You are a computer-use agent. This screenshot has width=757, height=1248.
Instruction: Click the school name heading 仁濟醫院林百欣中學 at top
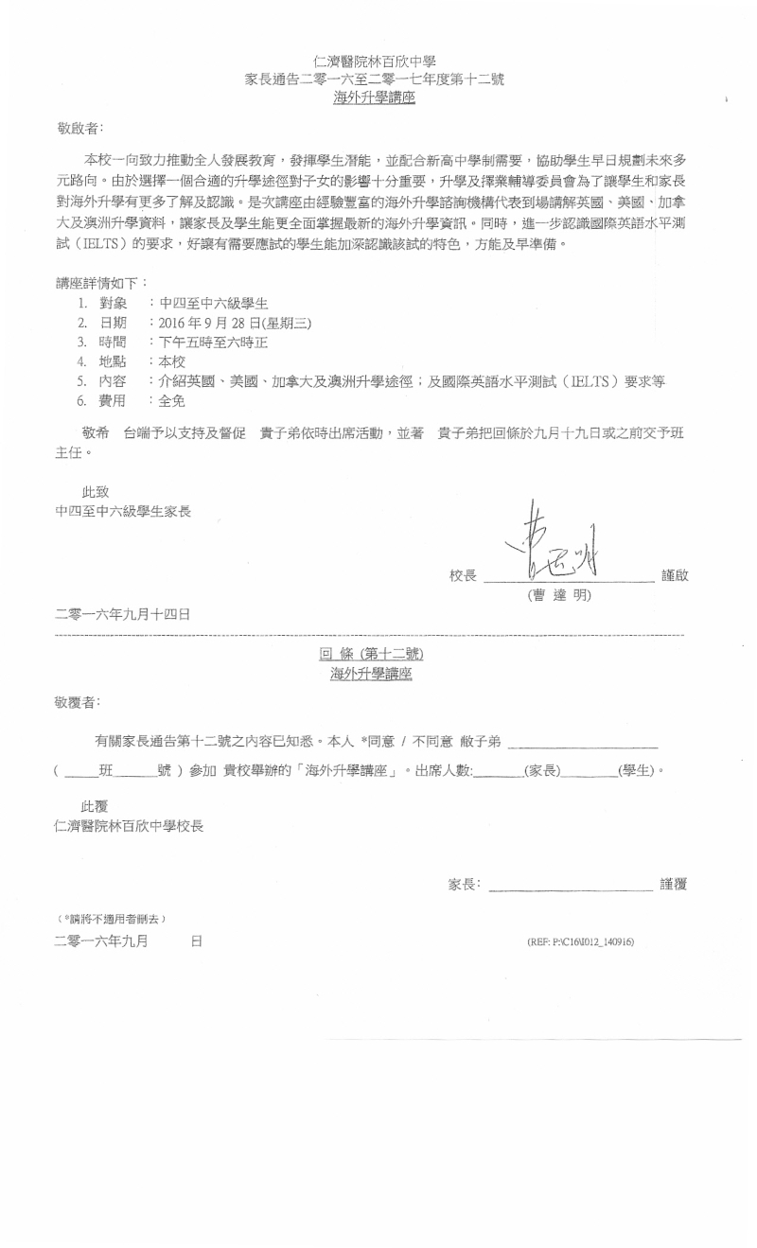point(374,62)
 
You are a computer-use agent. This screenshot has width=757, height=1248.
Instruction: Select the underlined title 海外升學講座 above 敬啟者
point(374,97)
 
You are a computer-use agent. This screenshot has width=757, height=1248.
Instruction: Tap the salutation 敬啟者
point(79,127)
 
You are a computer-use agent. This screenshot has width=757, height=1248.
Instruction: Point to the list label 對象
point(114,303)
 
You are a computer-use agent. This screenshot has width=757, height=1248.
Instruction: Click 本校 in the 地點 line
point(173,362)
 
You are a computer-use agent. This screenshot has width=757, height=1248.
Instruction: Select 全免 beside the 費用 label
point(173,402)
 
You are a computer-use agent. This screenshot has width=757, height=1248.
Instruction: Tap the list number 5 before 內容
point(82,382)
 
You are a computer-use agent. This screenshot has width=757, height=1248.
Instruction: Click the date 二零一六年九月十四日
point(123,613)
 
